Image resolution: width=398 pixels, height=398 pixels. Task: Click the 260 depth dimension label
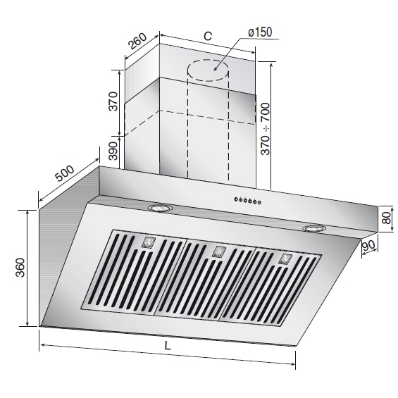pyautogui.click(x=137, y=41)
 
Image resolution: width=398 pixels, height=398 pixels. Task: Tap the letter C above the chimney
pyautogui.click(x=208, y=36)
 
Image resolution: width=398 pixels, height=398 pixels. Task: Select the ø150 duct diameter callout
pyautogui.click(x=260, y=32)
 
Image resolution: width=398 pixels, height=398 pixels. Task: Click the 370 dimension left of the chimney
pyautogui.click(x=113, y=101)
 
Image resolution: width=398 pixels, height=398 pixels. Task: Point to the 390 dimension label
pyautogui.click(x=113, y=151)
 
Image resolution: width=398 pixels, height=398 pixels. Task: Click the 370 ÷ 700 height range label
pyautogui.click(x=266, y=129)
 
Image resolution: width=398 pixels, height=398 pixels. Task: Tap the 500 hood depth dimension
pyautogui.click(x=65, y=173)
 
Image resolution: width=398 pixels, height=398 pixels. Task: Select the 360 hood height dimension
pyautogui.click(x=20, y=267)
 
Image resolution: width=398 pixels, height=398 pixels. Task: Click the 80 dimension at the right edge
pyautogui.click(x=387, y=218)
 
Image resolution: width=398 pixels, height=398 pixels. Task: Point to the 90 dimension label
pyautogui.click(x=368, y=245)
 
